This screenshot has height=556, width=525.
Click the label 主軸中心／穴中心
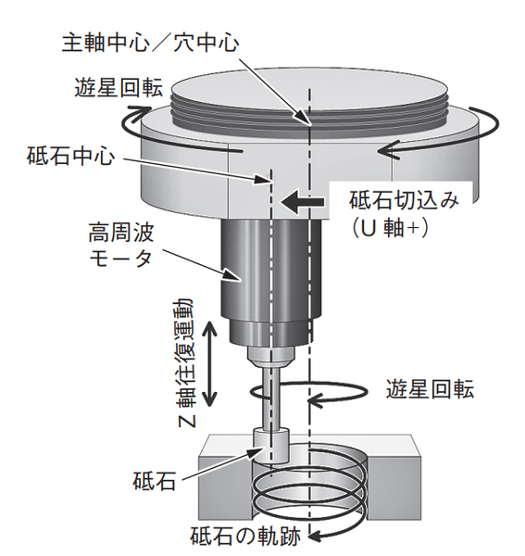click(x=151, y=44)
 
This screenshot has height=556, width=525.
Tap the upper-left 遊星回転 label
click(x=119, y=87)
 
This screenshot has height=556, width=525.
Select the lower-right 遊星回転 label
click(x=430, y=390)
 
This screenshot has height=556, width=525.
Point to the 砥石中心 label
click(x=71, y=156)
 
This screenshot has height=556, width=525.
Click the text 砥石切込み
click(x=404, y=200)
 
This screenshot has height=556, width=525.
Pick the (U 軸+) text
click(x=389, y=228)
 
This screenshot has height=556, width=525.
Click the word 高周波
click(x=120, y=234)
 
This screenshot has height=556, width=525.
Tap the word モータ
click(x=120, y=259)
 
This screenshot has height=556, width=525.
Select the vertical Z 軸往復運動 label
click(x=185, y=362)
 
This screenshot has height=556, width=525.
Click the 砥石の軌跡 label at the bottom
click(x=245, y=537)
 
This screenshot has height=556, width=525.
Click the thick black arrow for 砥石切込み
click(x=302, y=202)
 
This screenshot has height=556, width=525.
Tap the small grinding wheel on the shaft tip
click(x=271, y=446)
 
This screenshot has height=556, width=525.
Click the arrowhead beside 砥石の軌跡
click(x=316, y=536)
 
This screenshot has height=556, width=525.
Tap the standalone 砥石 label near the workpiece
click(x=155, y=481)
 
